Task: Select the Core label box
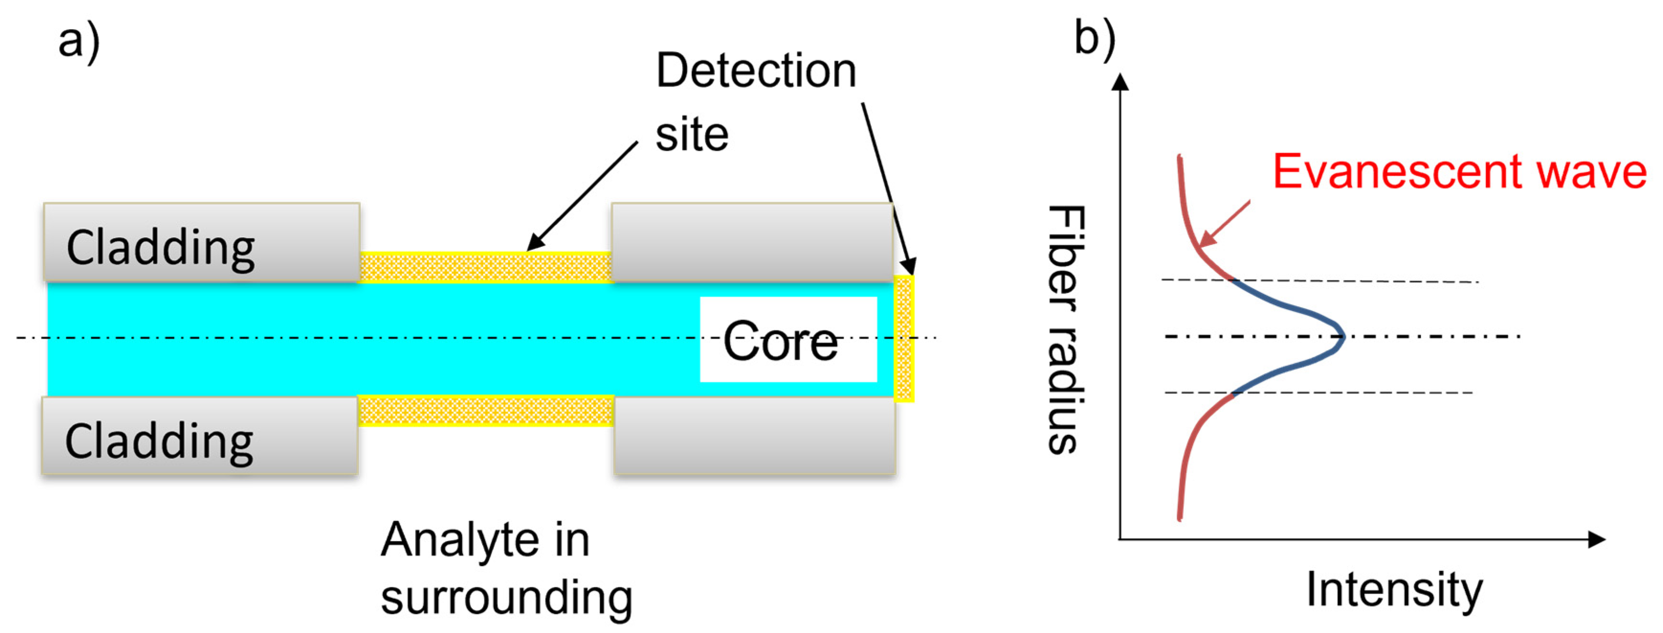(788, 340)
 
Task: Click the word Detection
(755, 71)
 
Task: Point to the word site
(692, 136)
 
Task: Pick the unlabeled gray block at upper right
(752, 242)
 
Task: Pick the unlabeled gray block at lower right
(754, 435)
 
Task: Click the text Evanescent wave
(1459, 172)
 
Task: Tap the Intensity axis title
(1394, 589)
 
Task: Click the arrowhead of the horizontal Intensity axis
(1596, 539)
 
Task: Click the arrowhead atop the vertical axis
(1122, 82)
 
